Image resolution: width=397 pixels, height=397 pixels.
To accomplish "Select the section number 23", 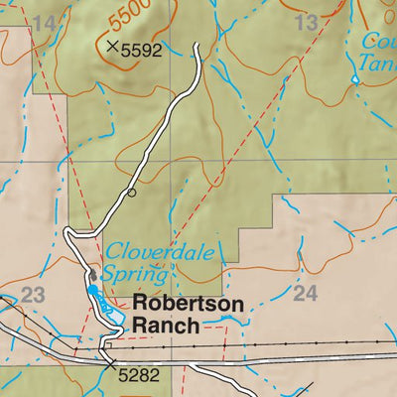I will click(x=33, y=295).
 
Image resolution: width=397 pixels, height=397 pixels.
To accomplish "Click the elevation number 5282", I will click(x=138, y=376).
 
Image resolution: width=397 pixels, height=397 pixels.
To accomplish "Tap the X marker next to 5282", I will click(x=108, y=364).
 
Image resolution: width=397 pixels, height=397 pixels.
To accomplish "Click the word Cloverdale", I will click(x=161, y=252).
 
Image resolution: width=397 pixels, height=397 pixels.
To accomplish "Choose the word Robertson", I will click(x=187, y=304).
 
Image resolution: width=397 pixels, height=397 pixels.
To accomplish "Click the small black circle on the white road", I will click(x=131, y=193).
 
